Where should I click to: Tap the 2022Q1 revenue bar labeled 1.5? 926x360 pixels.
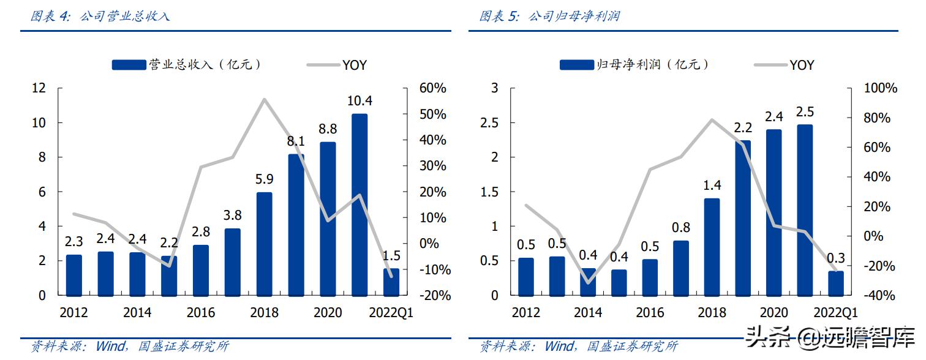click(x=391, y=281)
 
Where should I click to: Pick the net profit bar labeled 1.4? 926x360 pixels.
click(x=712, y=246)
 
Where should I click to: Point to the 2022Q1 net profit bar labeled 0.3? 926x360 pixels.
click(x=835, y=282)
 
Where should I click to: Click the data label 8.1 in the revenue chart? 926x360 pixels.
click(x=296, y=142)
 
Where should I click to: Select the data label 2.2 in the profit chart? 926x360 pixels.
click(x=742, y=128)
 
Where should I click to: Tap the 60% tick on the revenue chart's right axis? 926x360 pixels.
click(x=432, y=89)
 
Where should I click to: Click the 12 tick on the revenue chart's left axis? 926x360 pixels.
click(x=39, y=89)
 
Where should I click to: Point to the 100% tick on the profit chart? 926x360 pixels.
click(x=879, y=89)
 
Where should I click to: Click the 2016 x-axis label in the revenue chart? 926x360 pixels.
click(x=200, y=313)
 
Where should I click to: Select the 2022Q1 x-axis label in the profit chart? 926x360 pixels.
click(x=835, y=313)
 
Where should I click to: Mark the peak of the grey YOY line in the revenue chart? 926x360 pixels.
click(x=264, y=99)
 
